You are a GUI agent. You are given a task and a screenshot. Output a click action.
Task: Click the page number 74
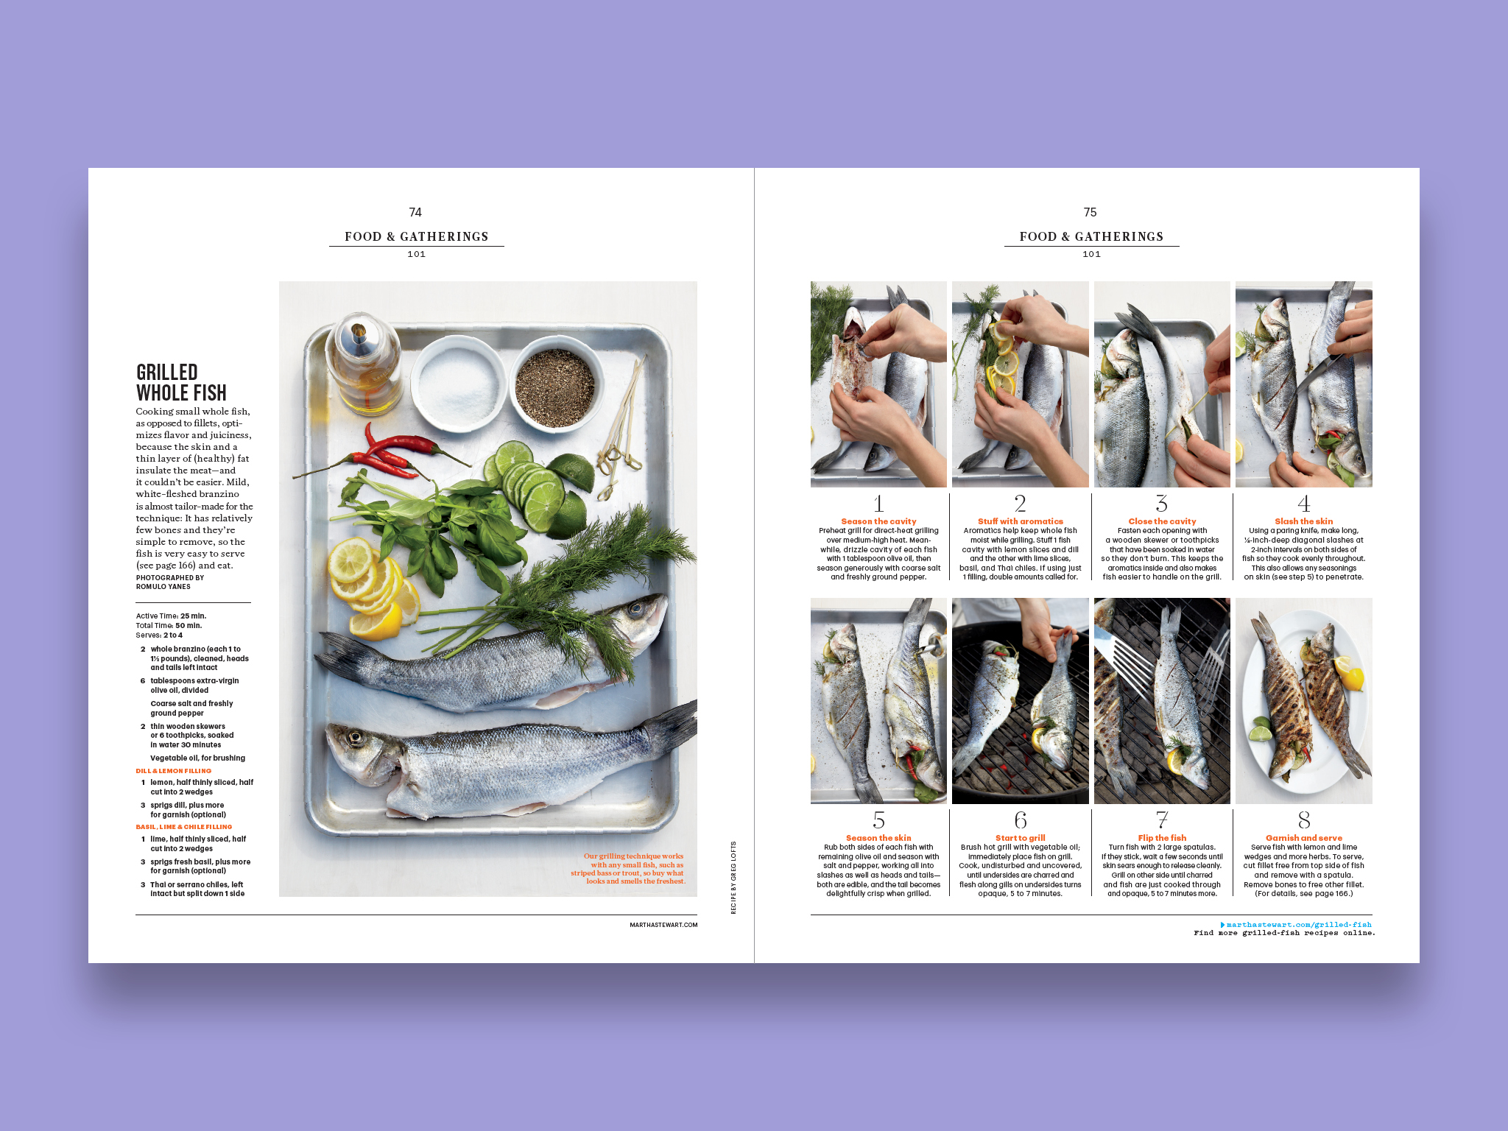click(x=415, y=212)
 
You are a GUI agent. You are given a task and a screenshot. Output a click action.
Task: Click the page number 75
click(x=1091, y=212)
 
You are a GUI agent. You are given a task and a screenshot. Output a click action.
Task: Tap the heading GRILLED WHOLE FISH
click(x=181, y=382)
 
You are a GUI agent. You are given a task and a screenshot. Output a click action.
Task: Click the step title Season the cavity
click(x=878, y=521)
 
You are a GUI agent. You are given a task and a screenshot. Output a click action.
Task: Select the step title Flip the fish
click(x=1162, y=838)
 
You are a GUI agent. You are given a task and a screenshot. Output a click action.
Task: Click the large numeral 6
click(x=1021, y=820)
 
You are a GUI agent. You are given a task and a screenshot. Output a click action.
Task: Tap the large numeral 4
click(x=1304, y=504)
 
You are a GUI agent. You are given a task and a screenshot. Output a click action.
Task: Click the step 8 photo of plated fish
click(x=1304, y=701)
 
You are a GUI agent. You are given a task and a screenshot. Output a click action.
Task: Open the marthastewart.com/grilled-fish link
click(x=1299, y=925)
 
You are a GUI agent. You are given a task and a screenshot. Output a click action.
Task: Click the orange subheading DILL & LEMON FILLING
click(x=174, y=771)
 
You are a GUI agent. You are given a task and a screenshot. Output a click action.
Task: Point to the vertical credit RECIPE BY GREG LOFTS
click(x=733, y=878)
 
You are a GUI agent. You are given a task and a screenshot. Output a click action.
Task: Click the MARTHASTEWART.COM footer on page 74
click(x=663, y=925)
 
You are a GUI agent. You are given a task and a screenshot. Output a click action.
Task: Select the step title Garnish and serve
click(x=1304, y=838)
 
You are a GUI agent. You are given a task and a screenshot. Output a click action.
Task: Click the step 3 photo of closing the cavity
click(x=1162, y=384)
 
